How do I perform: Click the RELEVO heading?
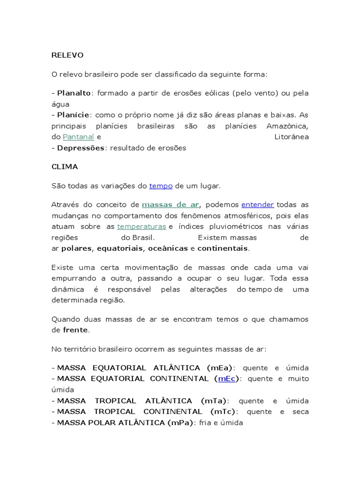pos(67,55)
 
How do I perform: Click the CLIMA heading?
pos(65,167)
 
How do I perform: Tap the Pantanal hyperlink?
pos(79,137)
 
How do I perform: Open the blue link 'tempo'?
pos(161,186)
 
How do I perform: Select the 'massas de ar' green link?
pos(170,205)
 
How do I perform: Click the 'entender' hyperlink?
pos(257,205)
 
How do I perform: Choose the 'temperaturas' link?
pos(142,227)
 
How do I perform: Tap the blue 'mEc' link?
pos(226,379)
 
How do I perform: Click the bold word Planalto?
pos(74,93)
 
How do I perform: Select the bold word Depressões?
pos(81,148)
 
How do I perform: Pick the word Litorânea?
pos(291,137)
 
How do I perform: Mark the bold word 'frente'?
pos(75,330)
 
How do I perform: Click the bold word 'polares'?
pos(77,248)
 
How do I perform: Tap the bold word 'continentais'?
pos(223,248)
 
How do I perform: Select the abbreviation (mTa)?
pos(213,401)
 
